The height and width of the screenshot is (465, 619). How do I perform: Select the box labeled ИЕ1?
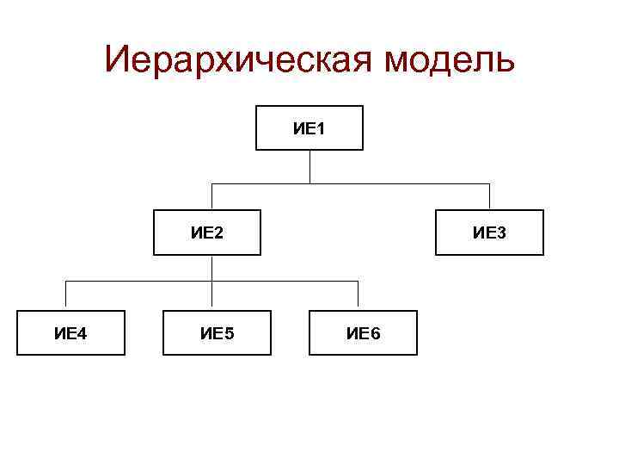pyautogui.click(x=309, y=128)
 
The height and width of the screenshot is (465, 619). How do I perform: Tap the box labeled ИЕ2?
pyautogui.click(x=207, y=232)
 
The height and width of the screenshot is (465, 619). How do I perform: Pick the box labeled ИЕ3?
pyautogui.click(x=489, y=232)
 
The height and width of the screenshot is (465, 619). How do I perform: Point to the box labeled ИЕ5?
pyautogui.click(x=217, y=332)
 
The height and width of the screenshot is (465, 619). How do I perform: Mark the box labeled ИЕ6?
pyautogui.click(x=363, y=332)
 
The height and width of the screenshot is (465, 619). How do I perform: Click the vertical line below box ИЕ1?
pyautogui.click(x=309, y=167)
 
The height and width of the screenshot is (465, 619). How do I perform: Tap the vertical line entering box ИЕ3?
pyautogui.click(x=489, y=197)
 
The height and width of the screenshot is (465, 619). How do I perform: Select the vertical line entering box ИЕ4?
pyautogui.click(x=67, y=295)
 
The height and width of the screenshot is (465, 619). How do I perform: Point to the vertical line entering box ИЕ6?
pyautogui.click(x=359, y=295)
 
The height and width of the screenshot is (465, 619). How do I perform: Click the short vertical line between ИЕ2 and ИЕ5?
pyautogui.click(x=212, y=268)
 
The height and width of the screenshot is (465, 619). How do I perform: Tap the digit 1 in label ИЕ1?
pyautogui.click(x=321, y=129)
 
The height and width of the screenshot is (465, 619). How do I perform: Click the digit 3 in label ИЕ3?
pyautogui.click(x=501, y=232)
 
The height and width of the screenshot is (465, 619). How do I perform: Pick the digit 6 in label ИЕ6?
pyautogui.click(x=375, y=333)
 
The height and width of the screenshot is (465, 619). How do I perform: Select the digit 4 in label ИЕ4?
pyautogui.click(x=83, y=333)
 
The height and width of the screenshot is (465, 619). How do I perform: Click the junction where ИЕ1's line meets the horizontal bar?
pyautogui.click(x=309, y=183)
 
